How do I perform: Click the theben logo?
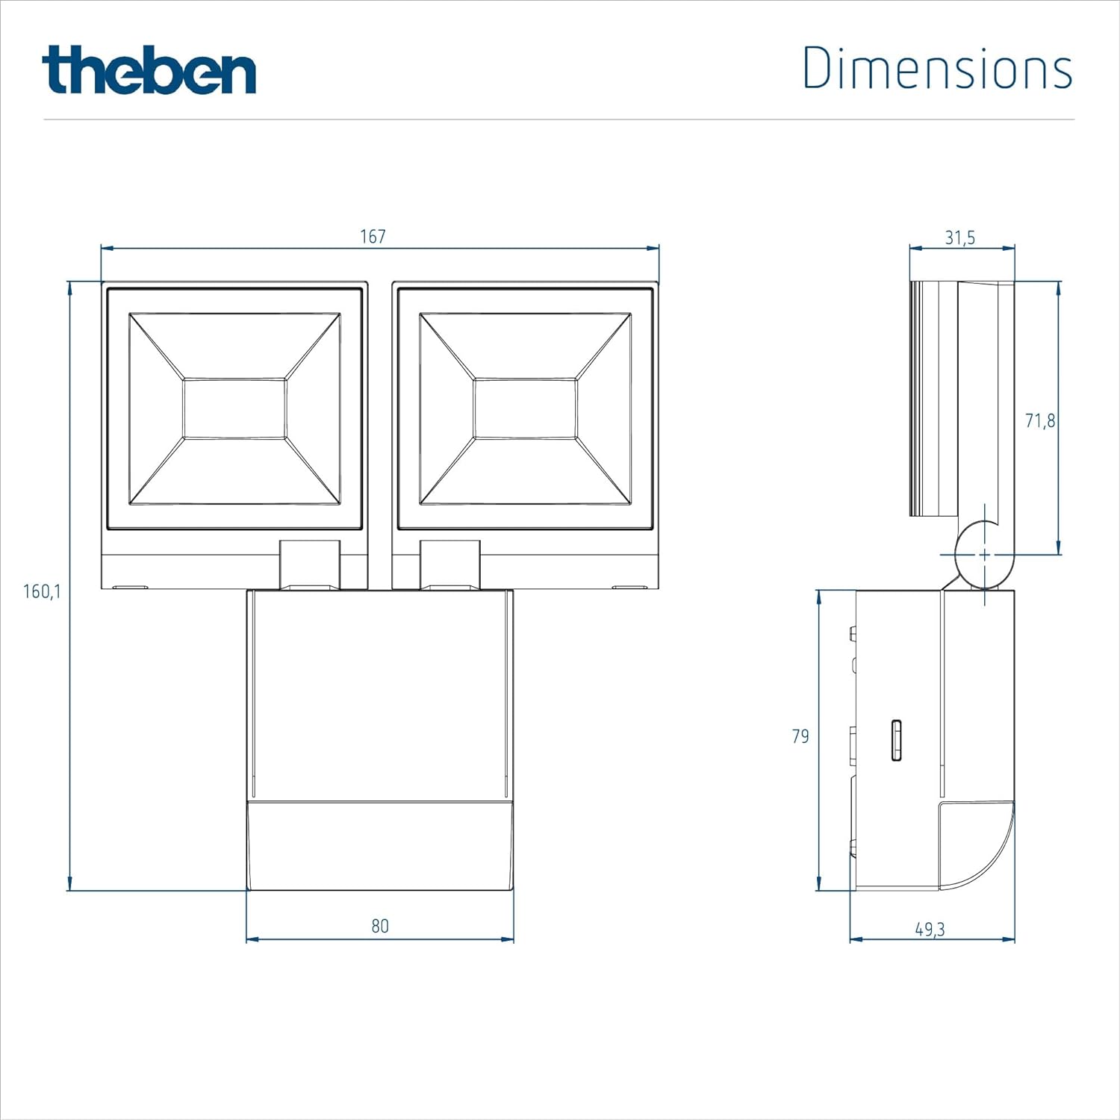149,70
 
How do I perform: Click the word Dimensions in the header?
937,68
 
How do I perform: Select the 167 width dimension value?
373,237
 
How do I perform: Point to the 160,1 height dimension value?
42,591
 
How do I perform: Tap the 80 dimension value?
380,926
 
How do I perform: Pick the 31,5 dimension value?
959,237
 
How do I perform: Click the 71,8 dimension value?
1039,421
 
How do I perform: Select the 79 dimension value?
800,736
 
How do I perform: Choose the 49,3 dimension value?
930,929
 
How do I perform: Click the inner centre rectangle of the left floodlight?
234,408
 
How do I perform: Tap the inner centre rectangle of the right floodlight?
525,408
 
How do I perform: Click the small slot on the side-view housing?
896,740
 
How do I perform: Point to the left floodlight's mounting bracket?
310,564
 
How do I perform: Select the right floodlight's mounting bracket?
449,564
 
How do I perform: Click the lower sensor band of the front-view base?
380,846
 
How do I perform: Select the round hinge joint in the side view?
984,556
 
